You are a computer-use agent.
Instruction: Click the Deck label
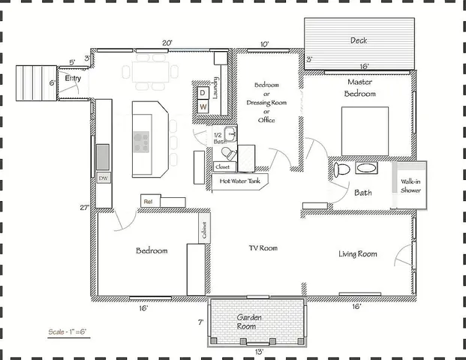358,40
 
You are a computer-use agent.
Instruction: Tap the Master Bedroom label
359,87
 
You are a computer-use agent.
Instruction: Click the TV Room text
263,247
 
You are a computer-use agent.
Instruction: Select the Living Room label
357,254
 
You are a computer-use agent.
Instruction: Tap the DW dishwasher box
103,178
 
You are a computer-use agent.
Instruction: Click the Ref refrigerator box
148,201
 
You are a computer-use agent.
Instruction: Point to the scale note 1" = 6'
67,330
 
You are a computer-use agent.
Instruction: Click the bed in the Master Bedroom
365,130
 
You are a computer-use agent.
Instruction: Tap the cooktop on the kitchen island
141,140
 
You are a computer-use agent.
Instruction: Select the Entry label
73,78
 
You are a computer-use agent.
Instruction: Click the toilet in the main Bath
341,169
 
